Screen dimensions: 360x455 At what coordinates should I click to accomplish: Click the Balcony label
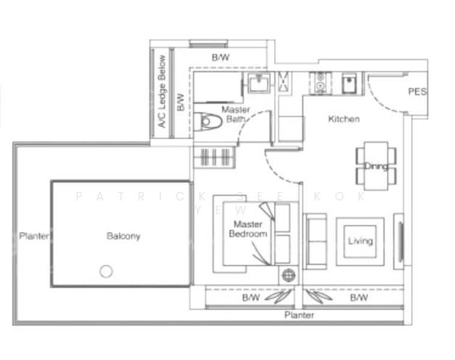tap(123, 236)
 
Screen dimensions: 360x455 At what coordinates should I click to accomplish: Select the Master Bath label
tap(235, 114)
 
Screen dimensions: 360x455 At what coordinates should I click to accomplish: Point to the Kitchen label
tap(343, 119)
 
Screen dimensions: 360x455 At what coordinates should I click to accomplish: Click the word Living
tap(360, 241)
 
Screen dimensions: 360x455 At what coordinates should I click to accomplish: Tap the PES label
tap(417, 92)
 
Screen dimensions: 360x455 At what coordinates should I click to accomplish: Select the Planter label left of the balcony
tap(34, 236)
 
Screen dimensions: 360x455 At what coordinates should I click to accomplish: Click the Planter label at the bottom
tap(299, 315)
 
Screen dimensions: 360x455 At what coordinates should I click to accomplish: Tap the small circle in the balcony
tap(106, 271)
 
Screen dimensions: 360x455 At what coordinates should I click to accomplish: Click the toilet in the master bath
tap(208, 121)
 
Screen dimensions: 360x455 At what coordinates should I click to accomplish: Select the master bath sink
tap(259, 84)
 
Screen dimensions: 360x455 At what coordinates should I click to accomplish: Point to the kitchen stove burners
tap(318, 82)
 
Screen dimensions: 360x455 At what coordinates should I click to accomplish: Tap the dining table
tap(375, 165)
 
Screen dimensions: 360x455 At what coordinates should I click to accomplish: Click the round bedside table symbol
tap(289, 275)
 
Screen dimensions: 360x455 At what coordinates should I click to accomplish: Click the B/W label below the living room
tap(358, 298)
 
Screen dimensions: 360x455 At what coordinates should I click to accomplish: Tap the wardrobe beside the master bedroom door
tap(214, 157)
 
